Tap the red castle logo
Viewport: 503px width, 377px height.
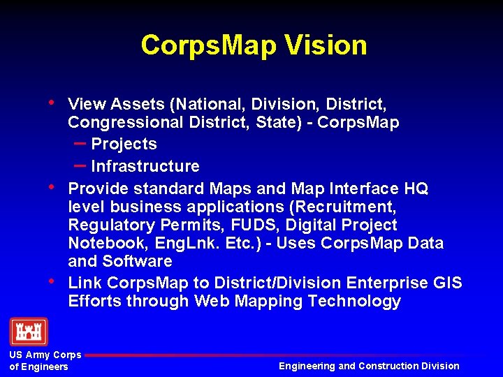coord(29,332)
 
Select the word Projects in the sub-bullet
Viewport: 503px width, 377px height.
coord(124,145)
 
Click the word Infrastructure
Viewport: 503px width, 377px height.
coord(145,166)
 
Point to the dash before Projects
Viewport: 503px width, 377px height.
coord(80,143)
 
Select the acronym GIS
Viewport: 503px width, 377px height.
coord(447,283)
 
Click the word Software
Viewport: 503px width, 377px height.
coord(137,262)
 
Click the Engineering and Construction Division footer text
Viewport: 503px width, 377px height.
coord(369,366)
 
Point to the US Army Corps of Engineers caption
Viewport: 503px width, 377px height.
coord(45,361)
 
